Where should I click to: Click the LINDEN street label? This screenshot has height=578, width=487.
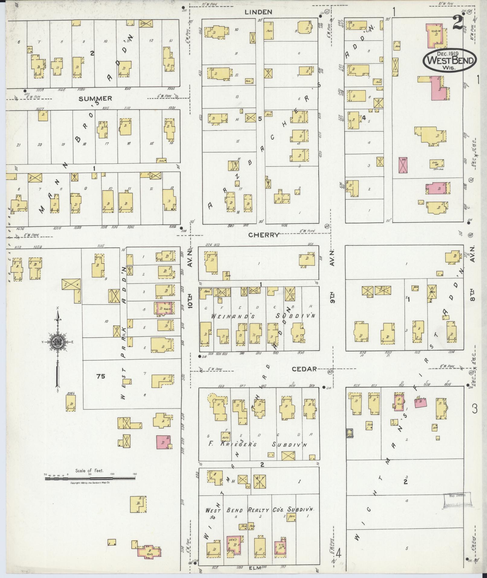click(262, 12)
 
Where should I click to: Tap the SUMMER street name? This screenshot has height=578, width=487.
click(95, 98)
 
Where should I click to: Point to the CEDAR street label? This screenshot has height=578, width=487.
click(304, 369)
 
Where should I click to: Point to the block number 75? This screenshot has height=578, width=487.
click(101, 376)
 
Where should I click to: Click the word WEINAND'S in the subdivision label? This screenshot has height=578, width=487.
click(226, 316)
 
